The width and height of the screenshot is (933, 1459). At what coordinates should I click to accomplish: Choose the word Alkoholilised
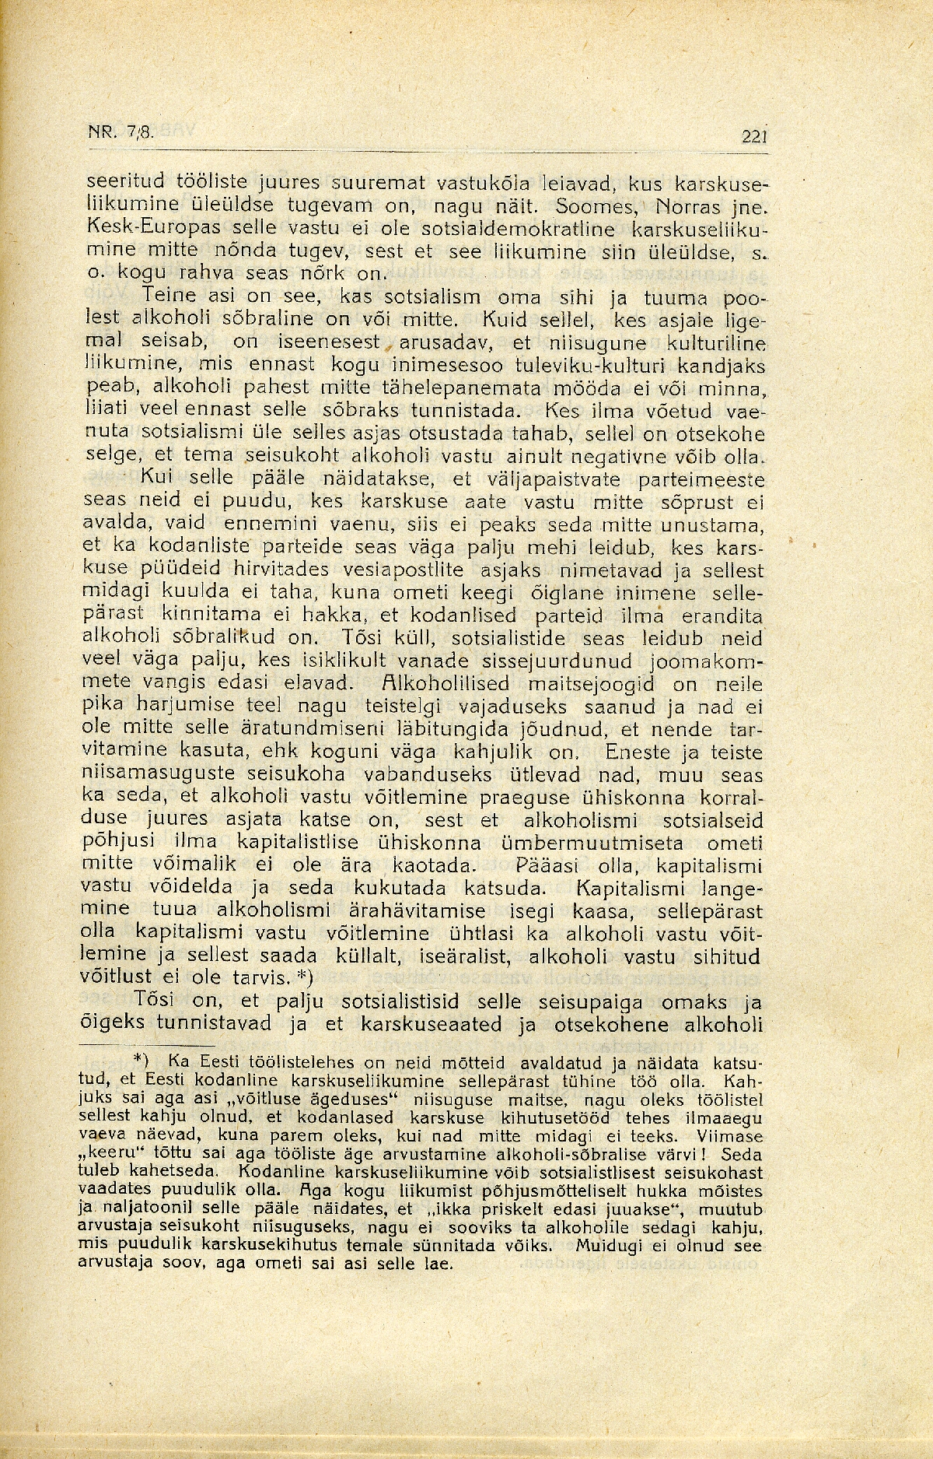point(443,686)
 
